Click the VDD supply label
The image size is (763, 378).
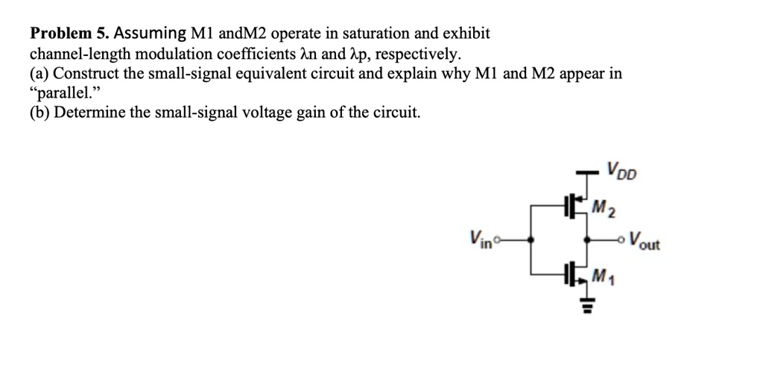621,172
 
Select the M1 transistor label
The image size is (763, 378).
602,277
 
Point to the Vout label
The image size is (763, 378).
644,242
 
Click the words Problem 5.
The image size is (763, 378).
69,34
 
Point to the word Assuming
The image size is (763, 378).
150,34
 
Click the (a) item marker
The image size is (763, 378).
39,74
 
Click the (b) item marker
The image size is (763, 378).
39,113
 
